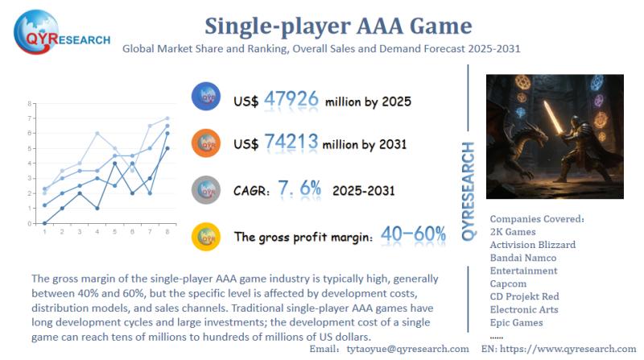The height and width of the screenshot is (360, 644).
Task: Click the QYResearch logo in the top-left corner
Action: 60,30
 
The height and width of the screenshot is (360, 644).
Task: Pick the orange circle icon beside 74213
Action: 207,143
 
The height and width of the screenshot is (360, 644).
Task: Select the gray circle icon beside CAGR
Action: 207,189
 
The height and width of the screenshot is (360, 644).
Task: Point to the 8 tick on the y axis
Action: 30,104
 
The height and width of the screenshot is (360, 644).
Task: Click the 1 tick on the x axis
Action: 44,231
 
